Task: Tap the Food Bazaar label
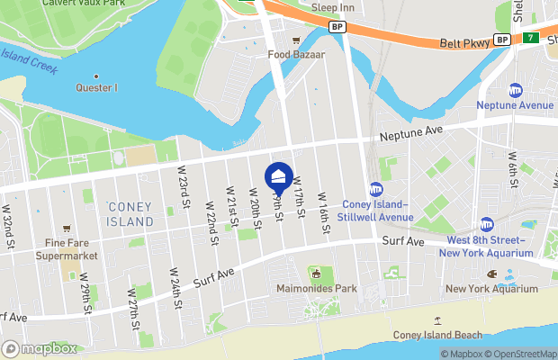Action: (x=295, y=54)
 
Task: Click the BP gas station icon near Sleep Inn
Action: (x=337, y=27)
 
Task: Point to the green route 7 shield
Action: (x=531, y=39)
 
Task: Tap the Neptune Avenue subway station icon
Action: (x=516, y=90)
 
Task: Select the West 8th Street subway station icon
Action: (x=487, y=224)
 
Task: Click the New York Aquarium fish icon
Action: (x=492, y=274)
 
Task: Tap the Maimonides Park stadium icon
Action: (x=315, y=273)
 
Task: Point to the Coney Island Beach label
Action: (x=437, y=335)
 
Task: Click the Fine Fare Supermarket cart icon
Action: (x=66, y=229)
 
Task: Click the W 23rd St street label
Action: (x=184, y=190)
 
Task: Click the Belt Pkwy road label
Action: (x=465, y=42)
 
